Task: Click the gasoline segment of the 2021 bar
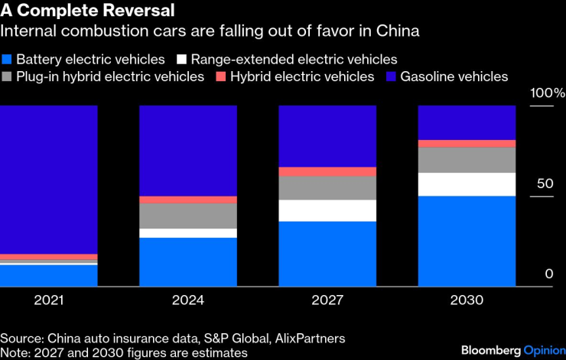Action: pyautogui.click(x=49, y=180)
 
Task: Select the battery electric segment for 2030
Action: pyautogui.click(x=467, y=241)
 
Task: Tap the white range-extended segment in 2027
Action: pyautogui.click(x=327, y=210)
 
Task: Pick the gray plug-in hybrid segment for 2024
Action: pyautogui.click(x=188, y=216)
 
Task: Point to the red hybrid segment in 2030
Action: pyautogui.click(x=467, y=144)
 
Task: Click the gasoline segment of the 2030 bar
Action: pyautogui.click(x=467, y=122)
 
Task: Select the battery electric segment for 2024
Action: pyautogui.click(x=188, y=262)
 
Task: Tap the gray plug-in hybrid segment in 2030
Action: pyautogui.click(x=467, y=160)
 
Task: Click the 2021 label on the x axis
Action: pyautogui.click(x=49, y=300)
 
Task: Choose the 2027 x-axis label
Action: pyautogui.click(x=327, y=300)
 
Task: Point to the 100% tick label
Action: pyautogui.click(x=548, y=93)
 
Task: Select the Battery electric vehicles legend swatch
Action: pyautogui.click(x=7, y=59)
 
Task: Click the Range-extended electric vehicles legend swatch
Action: pyautogui.click(x=182, y=59)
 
